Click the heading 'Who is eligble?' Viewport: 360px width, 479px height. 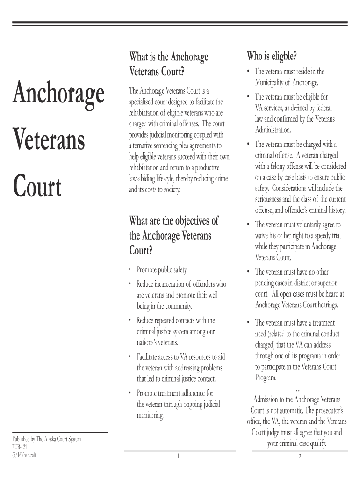point(272,57)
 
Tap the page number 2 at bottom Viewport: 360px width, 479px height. point(299,457)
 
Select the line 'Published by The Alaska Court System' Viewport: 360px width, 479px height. point(47,439)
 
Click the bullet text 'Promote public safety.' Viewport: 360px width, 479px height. point(162,270)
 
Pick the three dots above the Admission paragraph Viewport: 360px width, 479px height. point(296,389)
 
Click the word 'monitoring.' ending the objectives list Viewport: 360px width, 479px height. point(150,415)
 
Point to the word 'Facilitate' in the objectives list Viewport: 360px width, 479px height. point(148,357)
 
